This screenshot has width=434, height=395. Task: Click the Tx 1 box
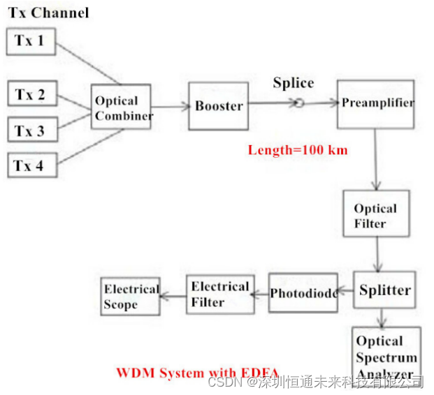pyautogui.click(x=30, y=41)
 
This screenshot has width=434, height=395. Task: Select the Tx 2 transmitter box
pyautogui.click(x=30, y=95)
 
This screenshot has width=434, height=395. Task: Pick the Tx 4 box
pyautogui.click(x=30, y=165)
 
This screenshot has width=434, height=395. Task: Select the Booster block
pyautogui.click(x=219, y=106)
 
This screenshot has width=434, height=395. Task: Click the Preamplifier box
pyautogui.click(x=376, y=103)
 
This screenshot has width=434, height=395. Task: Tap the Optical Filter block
pyautogui.click(x=376, y=216)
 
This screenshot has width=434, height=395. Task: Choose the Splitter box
pyautogui.click(x=384, y=290)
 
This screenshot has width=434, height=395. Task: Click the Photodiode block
pyautogui.click(x=303, y=292)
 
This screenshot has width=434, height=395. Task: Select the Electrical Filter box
pyautogui.click(x=219, y=294)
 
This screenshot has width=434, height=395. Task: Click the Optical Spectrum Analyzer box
pyautogui.click(x=386, y=356)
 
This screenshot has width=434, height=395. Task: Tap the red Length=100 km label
pyautogui.click(x=298, y=149)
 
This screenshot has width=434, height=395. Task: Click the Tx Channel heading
pyautogui.click(x=48, y=13)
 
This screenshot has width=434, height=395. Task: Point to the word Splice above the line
pyautogui.click(x=293, y=83)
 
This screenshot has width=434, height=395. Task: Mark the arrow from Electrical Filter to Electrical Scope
pyautogui.click(x=173, y=295)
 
